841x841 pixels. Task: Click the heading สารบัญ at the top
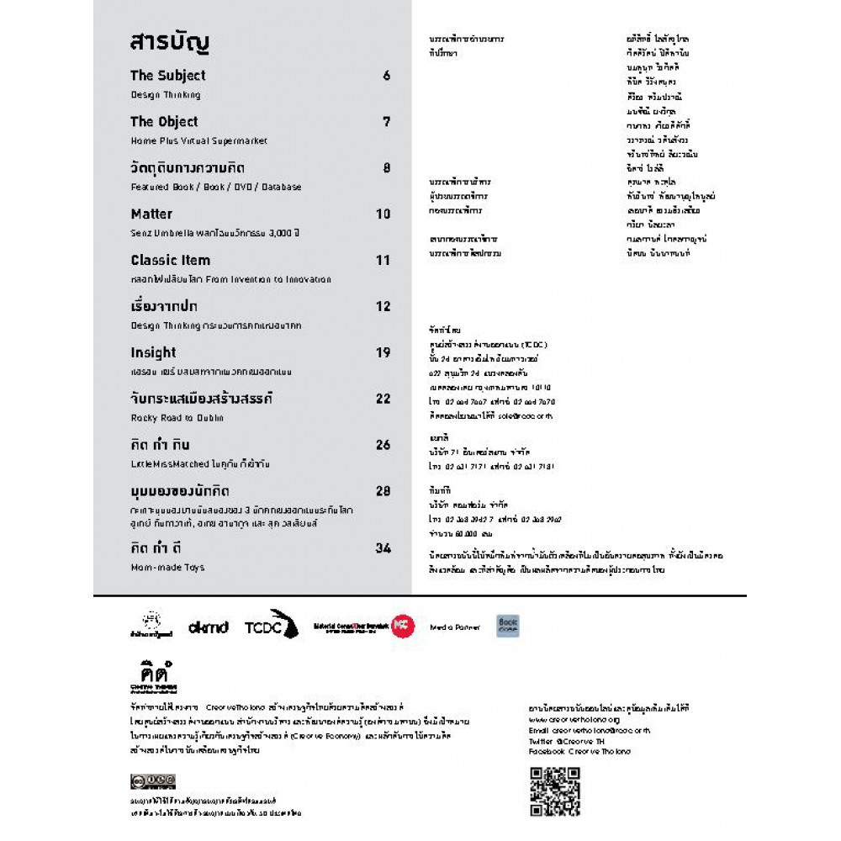[x=169, y=42]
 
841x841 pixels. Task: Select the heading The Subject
[x=168, y=76]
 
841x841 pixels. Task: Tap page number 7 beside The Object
[x=386, y=122]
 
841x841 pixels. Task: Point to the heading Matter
[x=151, y=214]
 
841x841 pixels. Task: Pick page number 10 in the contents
[x=383, y=214]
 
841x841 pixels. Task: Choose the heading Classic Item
[x=171, y=260]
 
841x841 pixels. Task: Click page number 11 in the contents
[x=383, y=261]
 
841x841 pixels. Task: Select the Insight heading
[x=153, y=352]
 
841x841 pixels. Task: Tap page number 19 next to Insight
[x=383, y=353]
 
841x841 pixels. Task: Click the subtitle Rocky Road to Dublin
[x=177, y=418]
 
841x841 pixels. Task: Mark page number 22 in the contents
[x=383, y=399]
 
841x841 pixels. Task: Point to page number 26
[x=383, y=445]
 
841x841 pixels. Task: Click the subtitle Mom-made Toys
[x=167, y=568]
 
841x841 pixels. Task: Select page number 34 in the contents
[x=383, y=548]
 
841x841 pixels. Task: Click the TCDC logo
[x=272, y=626]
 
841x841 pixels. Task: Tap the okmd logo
[x=208, y=627]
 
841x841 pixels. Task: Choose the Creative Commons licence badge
[x=153, y=780]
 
